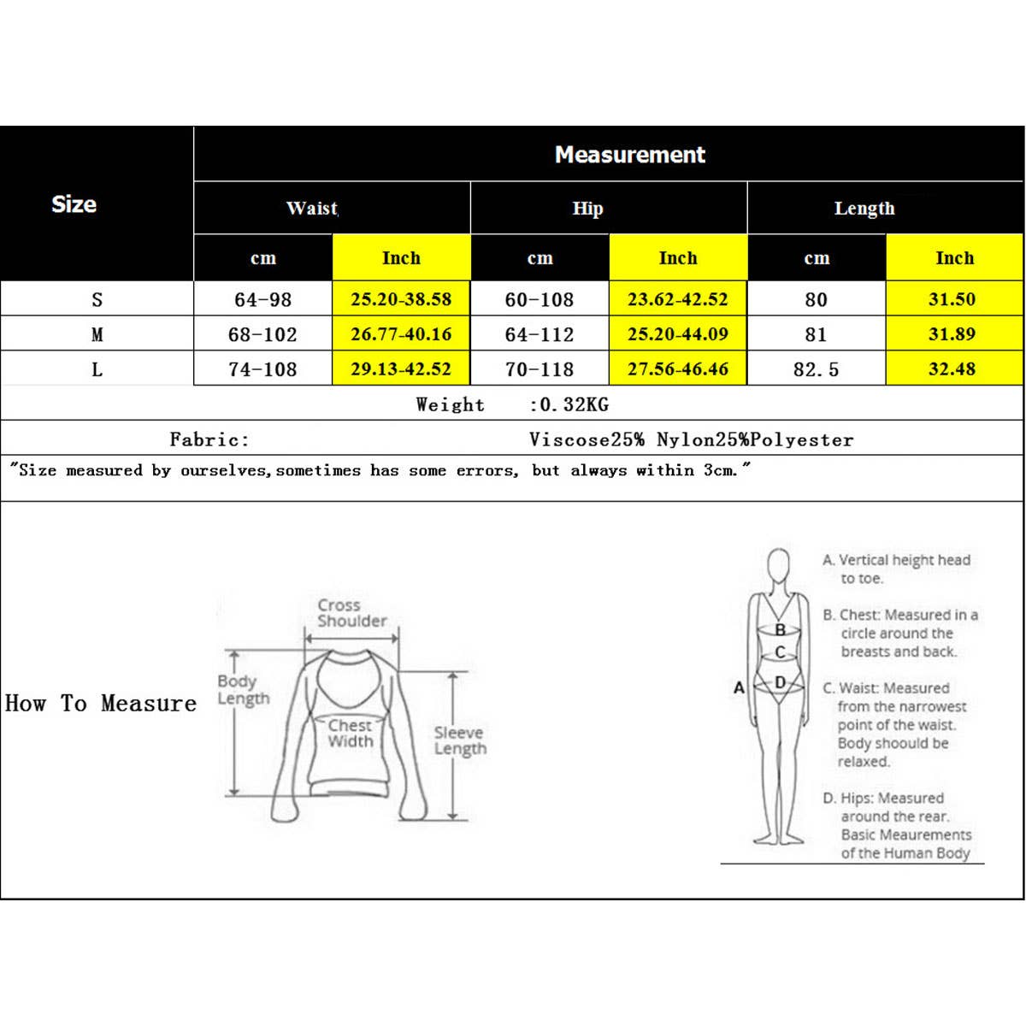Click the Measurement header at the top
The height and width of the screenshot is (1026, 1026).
(630, 155)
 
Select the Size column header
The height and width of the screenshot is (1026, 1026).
(74, 204)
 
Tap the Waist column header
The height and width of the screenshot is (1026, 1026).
(312, 208)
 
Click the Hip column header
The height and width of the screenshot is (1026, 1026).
(588, 208)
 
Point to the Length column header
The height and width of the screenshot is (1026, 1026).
(864, 208)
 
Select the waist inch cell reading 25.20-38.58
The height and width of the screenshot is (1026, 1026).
(401, 299)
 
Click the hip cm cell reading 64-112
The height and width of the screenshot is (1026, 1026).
(540, 334)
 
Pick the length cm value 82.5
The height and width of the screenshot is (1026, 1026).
(817, 369)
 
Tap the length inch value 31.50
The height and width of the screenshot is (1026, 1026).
(952, 299)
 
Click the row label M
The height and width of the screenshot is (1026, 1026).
(97, 334)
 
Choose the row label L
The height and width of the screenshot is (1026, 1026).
(97, 369)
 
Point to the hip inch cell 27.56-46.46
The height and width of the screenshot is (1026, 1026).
(678, 369)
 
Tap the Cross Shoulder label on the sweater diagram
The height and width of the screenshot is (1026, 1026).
(351, 613)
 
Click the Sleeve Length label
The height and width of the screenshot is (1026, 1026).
(460, 740)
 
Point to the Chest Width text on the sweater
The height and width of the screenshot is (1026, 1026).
(351, 733)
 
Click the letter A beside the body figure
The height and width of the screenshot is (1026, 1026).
(740, 687)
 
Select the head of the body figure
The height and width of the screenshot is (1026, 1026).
(778, 565)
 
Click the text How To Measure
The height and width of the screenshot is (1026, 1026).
(101, 704)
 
